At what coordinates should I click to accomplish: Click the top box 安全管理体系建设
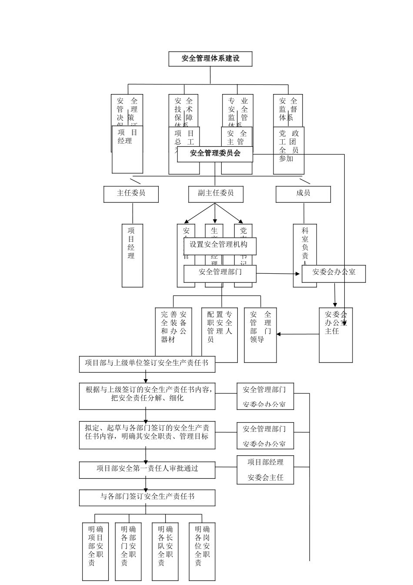coord(210,59)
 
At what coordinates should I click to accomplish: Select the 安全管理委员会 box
coord(215,154)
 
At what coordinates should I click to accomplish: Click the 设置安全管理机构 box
coord(220,246)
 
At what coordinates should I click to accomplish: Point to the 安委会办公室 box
coord(333,273)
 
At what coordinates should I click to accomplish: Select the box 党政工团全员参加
coord(289,150)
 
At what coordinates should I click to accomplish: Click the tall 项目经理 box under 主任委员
coord(132,256)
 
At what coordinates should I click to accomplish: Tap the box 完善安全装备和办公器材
coord(173,331)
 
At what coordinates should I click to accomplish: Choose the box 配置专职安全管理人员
coord(220,331)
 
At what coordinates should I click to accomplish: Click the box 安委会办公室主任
coord(335,335)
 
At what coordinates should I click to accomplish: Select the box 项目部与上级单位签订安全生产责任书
coord(147,364)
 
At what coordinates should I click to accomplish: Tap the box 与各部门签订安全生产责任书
coord(147,498)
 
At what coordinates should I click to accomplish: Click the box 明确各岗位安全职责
coord(202,551)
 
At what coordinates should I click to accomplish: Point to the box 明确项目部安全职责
coord(96,551)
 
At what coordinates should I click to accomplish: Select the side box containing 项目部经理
coord(265,470)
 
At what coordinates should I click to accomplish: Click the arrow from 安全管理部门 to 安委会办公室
coord(278,274)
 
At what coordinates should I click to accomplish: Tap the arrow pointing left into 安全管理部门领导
coord(298,334)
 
